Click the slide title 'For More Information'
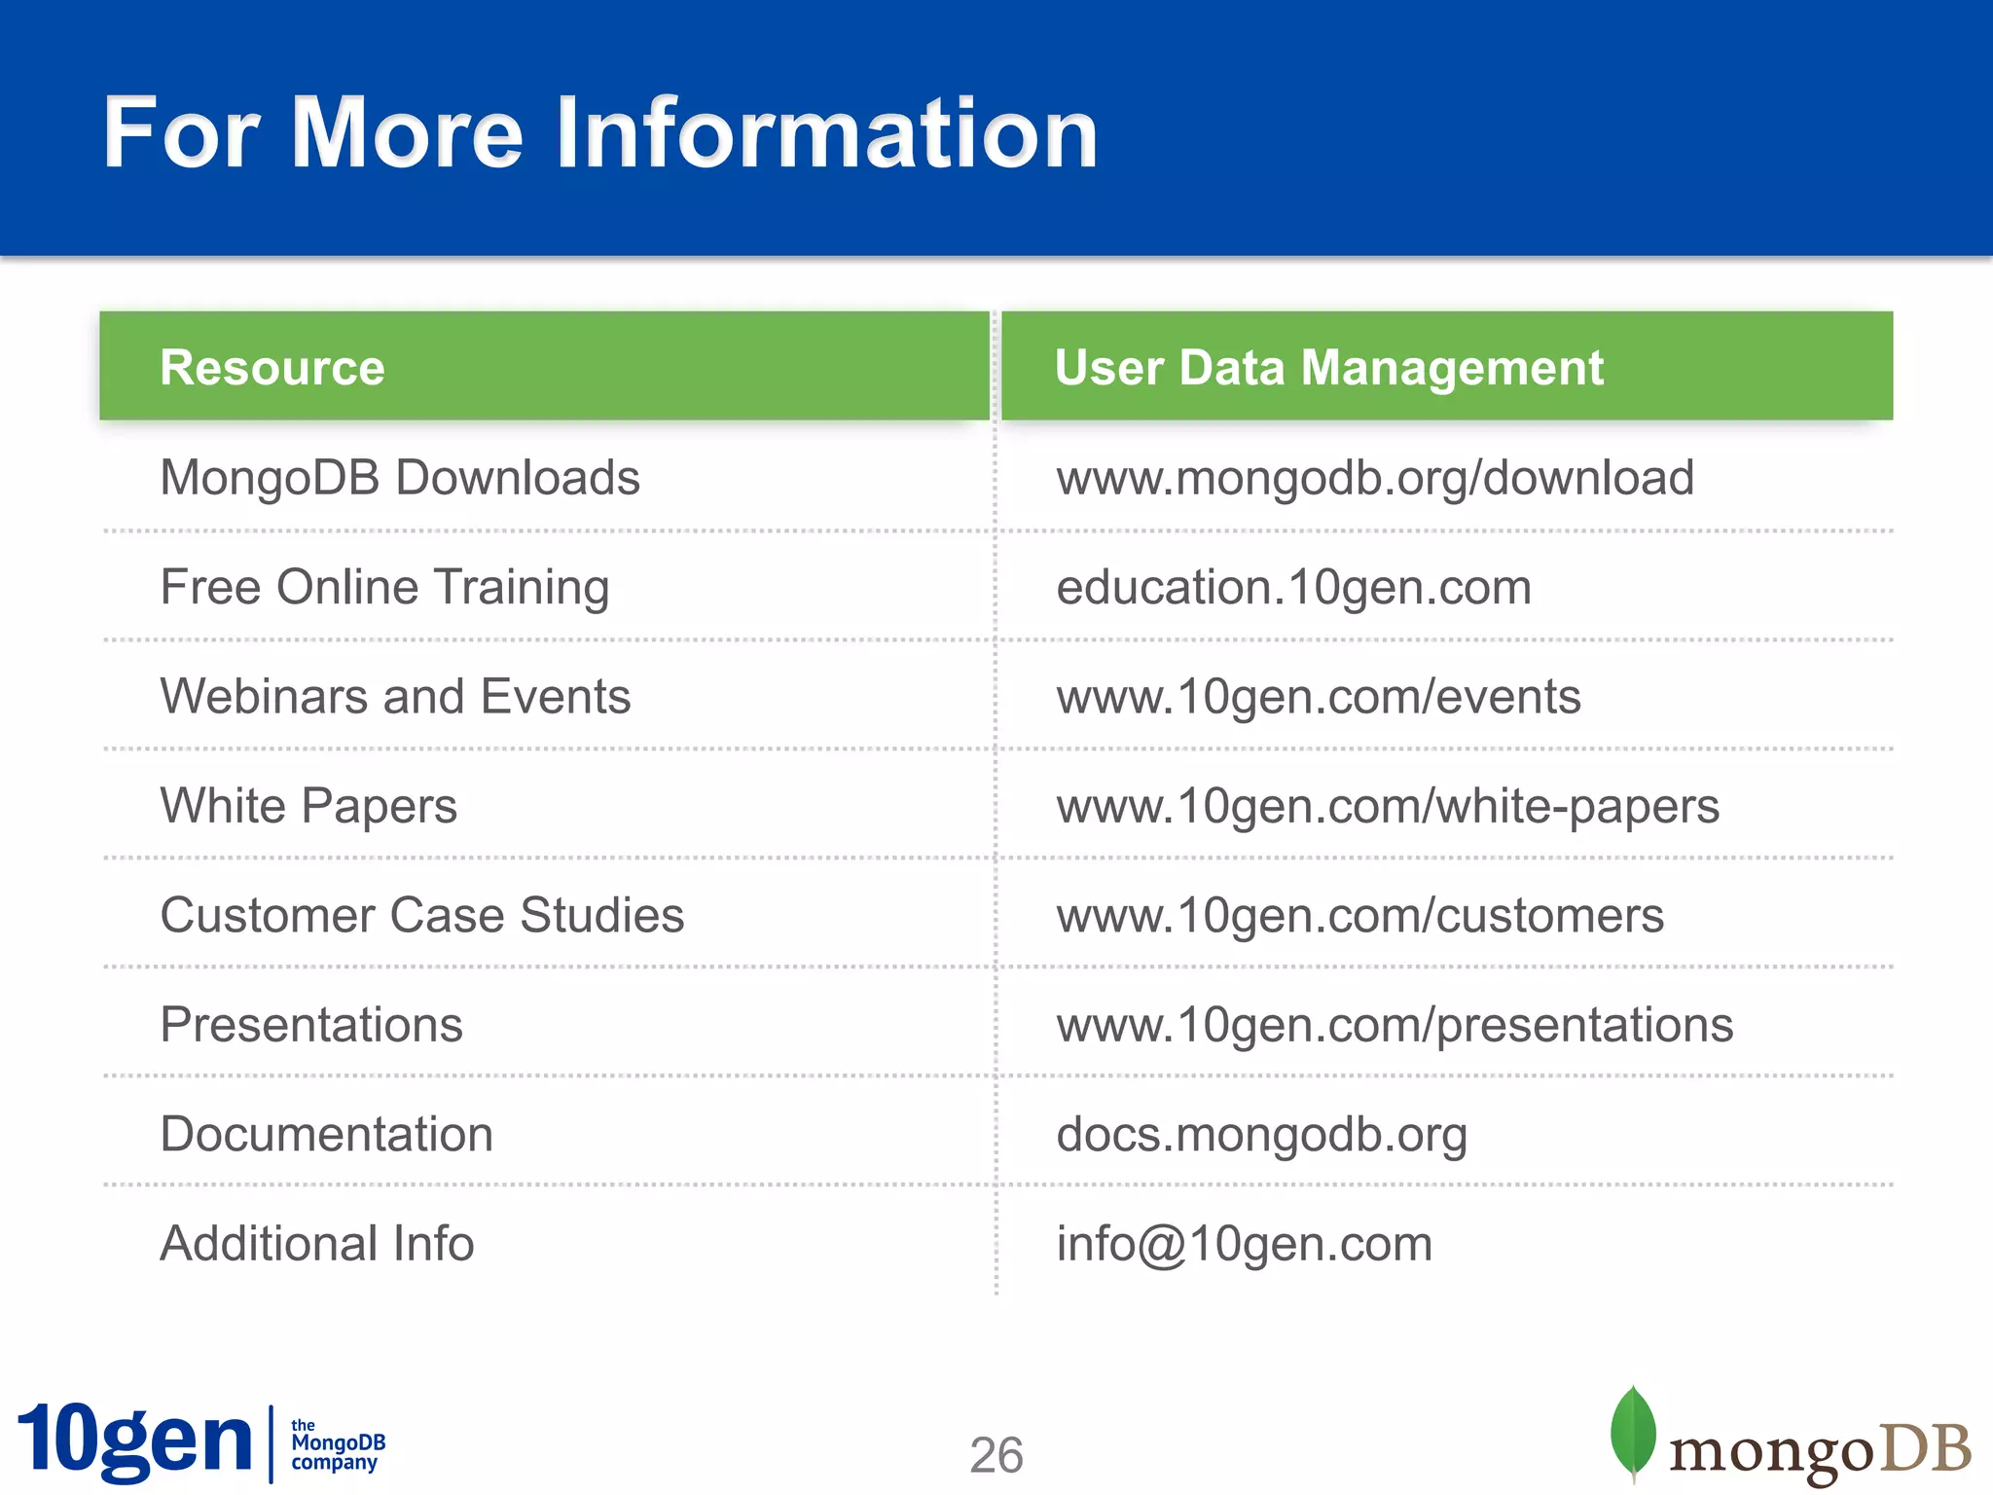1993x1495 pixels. [x=600, y=133]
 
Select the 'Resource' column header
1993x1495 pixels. [x=272, y=368]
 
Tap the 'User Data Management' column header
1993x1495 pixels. [x=1328, y=368]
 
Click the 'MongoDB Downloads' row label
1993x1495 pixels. [x=400, y=478]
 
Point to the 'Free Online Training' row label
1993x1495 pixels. [x=384, y=587]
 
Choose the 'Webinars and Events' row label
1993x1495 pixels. [x=395, y=697]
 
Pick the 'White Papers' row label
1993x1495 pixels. [x=308, y=806]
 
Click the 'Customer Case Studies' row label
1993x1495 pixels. [x=422, y=916]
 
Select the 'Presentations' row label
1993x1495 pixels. [x=311, y=1025]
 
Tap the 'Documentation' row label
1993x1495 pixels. [x=326, y=1135]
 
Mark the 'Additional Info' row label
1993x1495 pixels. [x=317, y=1244]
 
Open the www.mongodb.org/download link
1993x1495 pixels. [x=1375, y=478]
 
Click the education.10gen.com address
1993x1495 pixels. [x=1293, y=587]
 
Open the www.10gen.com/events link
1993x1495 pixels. [x=1319, y=697]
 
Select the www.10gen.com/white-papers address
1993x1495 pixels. [x=1388, y=806]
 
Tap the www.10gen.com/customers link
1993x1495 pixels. [x=1359, y=916]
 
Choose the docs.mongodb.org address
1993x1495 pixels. [x=1261, y=1135]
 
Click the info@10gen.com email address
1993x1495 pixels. [x=1244, y=1244]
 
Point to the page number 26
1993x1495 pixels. [x=996, y=1455]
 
